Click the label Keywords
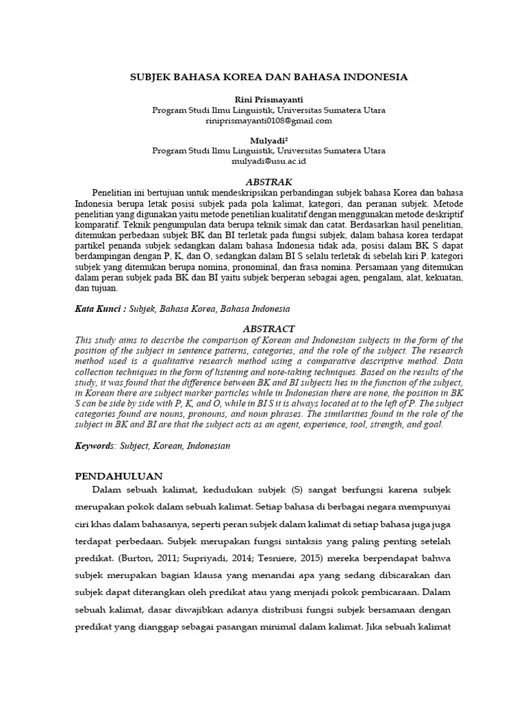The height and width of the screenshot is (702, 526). tap(95, 446)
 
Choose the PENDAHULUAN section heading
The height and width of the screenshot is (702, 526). tap(117, 476)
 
